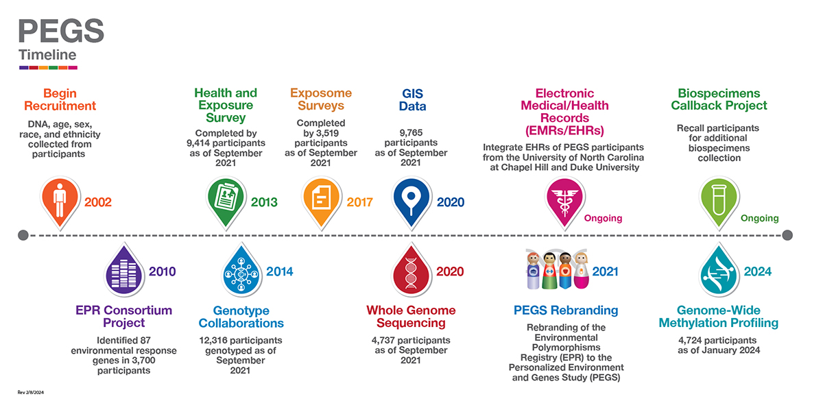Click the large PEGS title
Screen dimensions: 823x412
point(61,31)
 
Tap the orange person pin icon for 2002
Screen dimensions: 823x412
point(60,203)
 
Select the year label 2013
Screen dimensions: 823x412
point(264,202)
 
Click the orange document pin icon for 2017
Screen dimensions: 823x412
point(322,203)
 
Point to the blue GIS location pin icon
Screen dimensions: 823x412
point(411,203)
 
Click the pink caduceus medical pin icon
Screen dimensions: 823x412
point(564,203)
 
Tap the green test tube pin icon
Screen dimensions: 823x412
point(719,203)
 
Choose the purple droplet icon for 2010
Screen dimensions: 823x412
point(124,269)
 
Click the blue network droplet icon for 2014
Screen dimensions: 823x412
point(241,269)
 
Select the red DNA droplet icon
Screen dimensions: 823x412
point(411,269)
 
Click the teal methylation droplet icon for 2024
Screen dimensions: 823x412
point(719,269)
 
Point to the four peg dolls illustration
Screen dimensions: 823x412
point(558,269)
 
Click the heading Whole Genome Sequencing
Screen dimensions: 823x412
point(411,317)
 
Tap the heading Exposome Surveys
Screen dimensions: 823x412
point(321,99)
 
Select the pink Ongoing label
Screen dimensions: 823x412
point(603,218)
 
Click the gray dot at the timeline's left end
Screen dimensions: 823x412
point(23,235)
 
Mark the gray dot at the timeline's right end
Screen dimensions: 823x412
point(787,235)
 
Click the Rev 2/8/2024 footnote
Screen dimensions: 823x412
point(30,393)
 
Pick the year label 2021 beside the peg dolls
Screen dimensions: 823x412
point(605,271)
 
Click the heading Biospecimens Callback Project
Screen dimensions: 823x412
point(719,99)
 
